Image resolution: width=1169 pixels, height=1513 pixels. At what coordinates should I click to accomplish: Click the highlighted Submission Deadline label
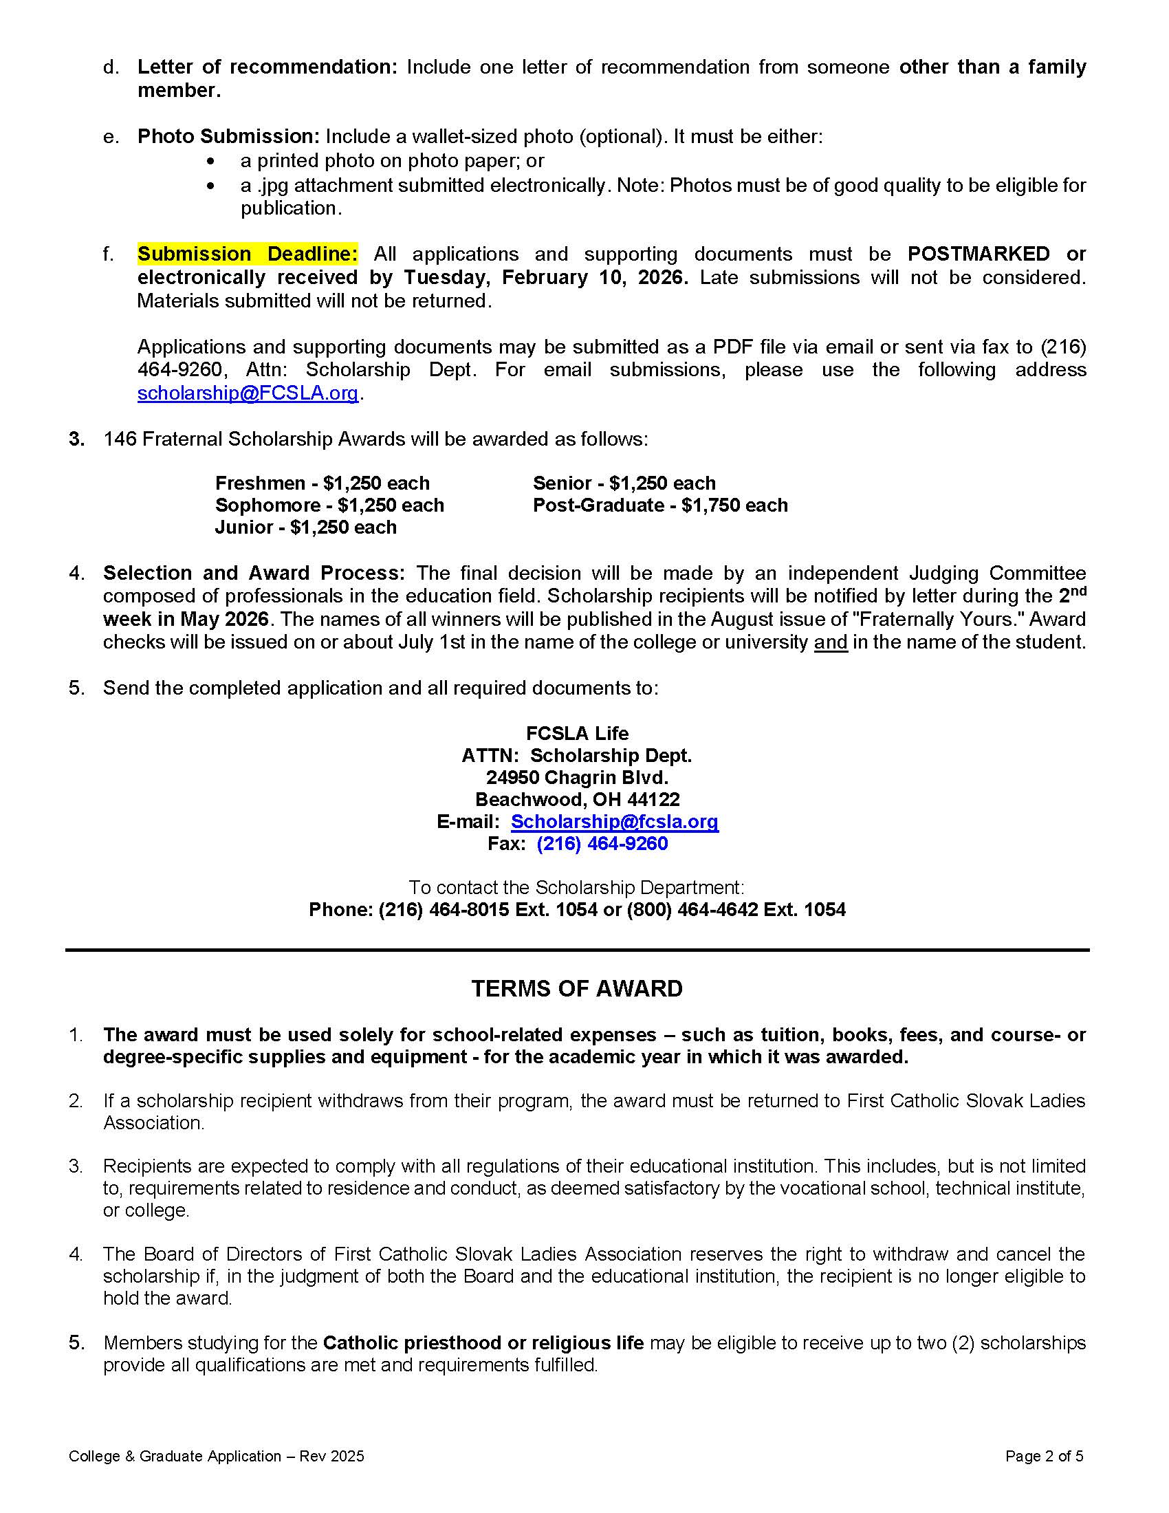[248, 254]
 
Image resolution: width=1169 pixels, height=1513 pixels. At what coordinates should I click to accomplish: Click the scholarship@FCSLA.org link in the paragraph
[248, 393]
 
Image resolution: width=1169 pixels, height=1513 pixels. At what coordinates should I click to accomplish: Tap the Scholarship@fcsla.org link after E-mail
[614, 822]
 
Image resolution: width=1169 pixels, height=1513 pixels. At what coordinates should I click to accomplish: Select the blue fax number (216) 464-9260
[602, 844]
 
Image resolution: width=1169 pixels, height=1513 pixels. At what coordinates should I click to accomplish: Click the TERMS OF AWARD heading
[577, 988]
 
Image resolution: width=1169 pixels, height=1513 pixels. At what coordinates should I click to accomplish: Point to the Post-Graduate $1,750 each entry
[660, 505]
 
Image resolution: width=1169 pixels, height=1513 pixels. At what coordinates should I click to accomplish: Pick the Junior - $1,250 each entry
[305, 528]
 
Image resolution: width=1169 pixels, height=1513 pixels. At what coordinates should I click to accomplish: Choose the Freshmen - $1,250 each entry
[322, 483]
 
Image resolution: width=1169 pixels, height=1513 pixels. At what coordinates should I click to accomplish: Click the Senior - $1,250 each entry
[624, 483]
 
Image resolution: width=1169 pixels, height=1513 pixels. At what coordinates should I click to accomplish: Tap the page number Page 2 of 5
[1044, 1456]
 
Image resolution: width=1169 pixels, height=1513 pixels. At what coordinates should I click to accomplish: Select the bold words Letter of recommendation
[267, 67]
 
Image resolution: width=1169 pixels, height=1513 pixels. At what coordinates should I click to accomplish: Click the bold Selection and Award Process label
[254, 574]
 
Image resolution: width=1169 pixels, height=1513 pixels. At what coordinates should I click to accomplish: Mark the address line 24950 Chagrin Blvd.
[577, 777]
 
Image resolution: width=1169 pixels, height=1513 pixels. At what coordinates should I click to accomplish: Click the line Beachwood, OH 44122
[577, 799]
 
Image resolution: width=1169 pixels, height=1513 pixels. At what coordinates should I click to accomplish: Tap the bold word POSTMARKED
[979, 254]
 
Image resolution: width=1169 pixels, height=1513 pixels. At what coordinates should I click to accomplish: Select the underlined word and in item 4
[831, 643]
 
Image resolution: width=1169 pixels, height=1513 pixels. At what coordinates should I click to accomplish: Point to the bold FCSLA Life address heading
[577, 734]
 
